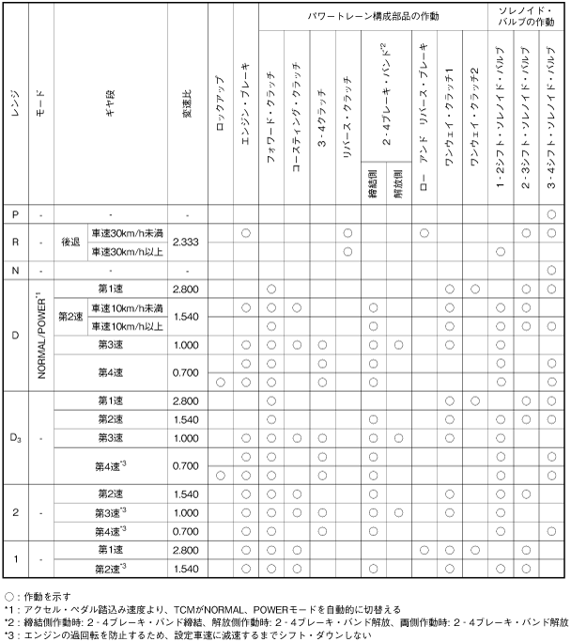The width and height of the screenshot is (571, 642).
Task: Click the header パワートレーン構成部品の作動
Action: point(372,16)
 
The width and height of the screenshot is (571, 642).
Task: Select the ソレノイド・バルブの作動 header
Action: point(525,16)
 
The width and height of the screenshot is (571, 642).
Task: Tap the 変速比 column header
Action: point(186,103)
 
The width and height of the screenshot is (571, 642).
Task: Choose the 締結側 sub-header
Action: point(373,183)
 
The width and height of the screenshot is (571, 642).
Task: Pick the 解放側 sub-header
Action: point(398,183)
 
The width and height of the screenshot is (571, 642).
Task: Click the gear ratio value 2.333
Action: point(186,242)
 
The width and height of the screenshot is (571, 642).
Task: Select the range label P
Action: point(14,214)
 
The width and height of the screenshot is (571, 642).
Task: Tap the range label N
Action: point(14,270)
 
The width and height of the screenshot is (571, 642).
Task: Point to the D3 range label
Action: point(15,437)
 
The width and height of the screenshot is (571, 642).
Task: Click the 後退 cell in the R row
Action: point(71,242)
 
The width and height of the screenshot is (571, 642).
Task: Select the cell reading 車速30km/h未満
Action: point(127,232)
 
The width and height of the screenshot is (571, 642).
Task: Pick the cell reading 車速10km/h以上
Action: point(127,325)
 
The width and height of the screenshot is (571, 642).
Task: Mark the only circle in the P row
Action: point(551,214)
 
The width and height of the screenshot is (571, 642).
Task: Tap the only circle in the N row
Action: point(551,270)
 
